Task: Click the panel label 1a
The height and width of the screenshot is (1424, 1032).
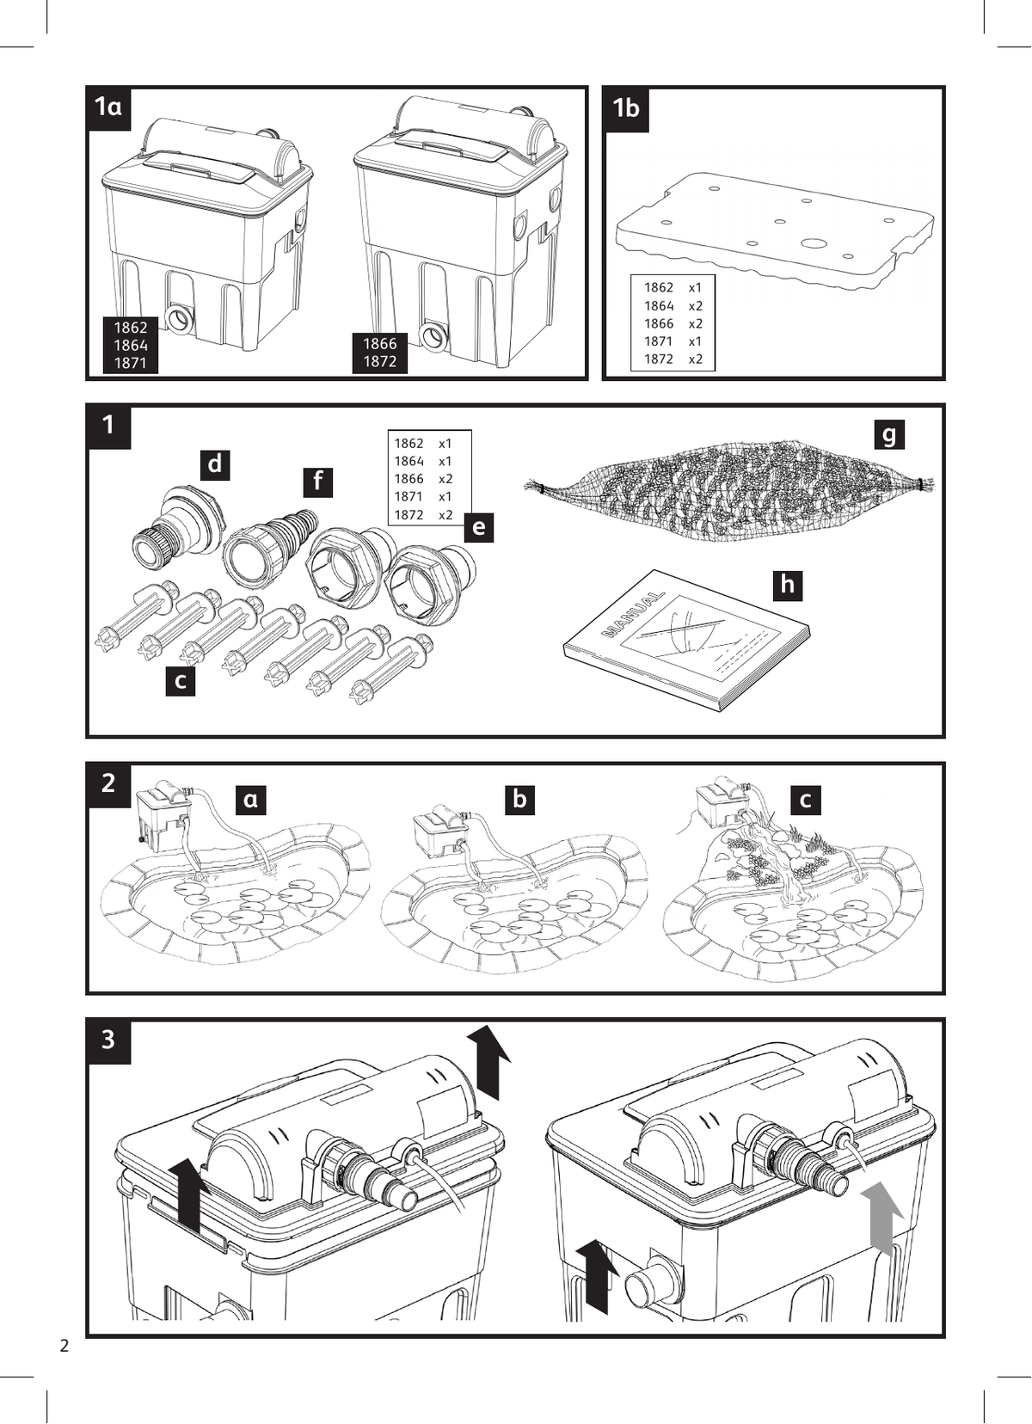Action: click(108, 108)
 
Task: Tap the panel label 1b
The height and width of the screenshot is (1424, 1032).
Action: click(626, 108)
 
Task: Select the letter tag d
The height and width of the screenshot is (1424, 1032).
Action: click(215, 464)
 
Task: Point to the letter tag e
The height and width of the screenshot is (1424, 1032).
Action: click(479, 527)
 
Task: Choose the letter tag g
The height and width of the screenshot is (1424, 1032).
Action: click(889, 435)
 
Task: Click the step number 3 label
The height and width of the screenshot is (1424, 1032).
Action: click(108, 1040)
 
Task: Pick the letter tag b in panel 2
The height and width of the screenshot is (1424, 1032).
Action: click(519, 799)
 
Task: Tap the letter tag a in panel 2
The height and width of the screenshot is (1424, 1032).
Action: click(250, 800)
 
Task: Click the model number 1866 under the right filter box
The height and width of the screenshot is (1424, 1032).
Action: click(379, 344)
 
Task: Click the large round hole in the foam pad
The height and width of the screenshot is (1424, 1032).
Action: click(811, 242)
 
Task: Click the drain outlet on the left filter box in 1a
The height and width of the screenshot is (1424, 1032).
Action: click(175, 316)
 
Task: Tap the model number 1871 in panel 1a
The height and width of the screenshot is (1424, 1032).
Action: click(131, 363)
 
